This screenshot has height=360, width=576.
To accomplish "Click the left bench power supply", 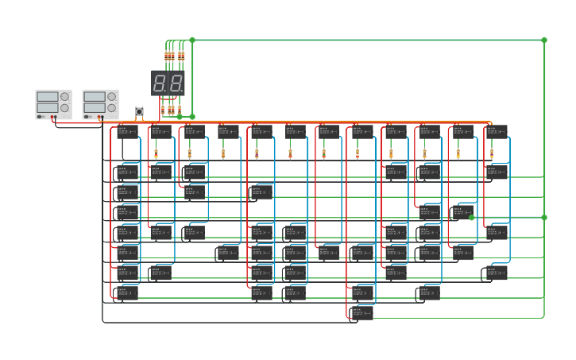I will [x=53, y=104].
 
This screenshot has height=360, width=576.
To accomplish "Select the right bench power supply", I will [x=101, y=104].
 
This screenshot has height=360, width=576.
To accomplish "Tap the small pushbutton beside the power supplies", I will [x=139, y=111].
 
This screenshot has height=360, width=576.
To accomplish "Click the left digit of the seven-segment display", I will [x=160, y=83].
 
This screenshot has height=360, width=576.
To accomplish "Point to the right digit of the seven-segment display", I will [x=176, y=83].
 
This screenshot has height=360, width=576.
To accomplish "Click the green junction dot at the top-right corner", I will [x=544, y=40].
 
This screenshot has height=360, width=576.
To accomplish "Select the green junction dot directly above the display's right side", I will [x=192, y=40].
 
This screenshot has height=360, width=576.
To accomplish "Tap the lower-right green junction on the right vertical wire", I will [x=544, y=217].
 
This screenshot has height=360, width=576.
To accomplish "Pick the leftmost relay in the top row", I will [x=127, y=132].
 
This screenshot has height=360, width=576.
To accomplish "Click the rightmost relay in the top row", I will [x=497, y=132].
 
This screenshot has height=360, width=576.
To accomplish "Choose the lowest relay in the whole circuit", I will [x=362, y=312].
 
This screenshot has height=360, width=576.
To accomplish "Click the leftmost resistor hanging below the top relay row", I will [x=156, y=153].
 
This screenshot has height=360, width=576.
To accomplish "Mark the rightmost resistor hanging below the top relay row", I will [x=492, y=153].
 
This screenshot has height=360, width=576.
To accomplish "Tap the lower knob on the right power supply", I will [x=111, y=108].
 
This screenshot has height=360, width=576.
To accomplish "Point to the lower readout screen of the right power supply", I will [x=94, y=108].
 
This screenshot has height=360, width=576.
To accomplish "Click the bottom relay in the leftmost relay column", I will [x=127, y=292].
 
